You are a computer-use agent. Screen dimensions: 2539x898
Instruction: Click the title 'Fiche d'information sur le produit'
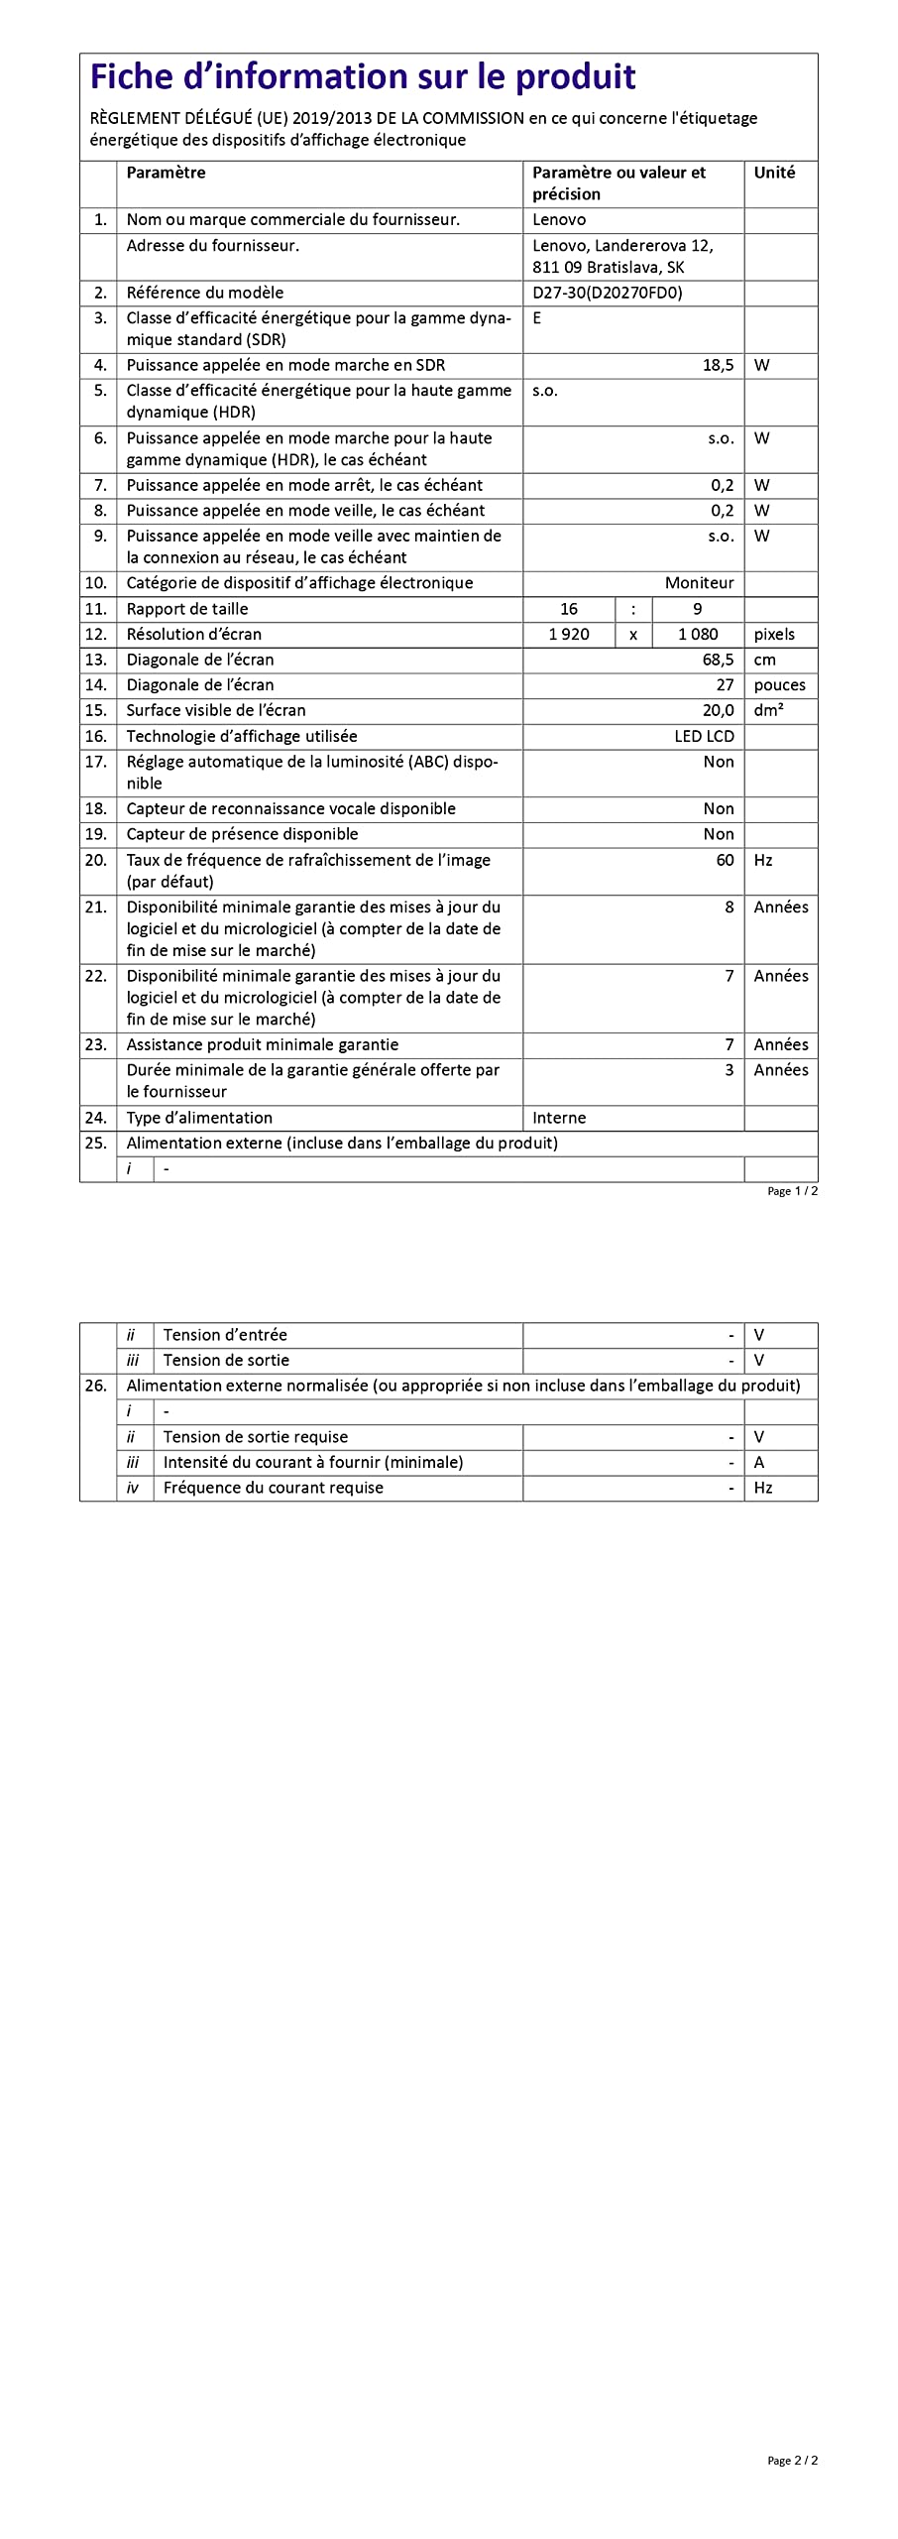coord(363,76)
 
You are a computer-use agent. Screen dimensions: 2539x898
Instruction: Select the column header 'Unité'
coord(774,173)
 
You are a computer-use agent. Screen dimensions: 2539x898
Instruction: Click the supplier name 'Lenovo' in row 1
coord(559,220)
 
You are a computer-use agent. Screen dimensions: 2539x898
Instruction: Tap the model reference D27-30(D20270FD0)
coord(607,293)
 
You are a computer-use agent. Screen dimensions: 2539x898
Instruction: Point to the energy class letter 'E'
coord(537,318)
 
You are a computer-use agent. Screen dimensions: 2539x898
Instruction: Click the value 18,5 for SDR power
coord(718,365)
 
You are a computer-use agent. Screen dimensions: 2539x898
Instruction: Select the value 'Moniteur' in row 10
coord(699,583)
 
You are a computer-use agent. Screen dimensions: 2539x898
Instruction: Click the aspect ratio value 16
coord(569,609)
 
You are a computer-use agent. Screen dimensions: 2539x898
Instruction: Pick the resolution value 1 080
coord(698,634)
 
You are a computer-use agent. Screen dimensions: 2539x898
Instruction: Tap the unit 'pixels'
coord(774,634)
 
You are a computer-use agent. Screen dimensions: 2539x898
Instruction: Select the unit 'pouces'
coord(779,685)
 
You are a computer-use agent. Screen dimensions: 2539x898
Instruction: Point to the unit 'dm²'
coord(768,710)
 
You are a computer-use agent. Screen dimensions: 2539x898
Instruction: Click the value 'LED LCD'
coord(704,736)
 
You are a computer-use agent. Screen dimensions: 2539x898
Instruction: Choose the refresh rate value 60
coord(725,860)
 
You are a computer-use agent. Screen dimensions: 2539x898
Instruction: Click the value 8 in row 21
coord(730,907)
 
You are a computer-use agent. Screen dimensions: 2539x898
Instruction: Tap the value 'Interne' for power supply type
coord(559,1118)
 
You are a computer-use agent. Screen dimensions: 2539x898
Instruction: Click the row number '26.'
coord(95,1386)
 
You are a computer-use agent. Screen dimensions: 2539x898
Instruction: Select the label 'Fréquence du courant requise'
coord(273,1488)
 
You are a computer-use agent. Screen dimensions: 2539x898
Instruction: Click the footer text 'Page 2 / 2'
coord(792,2461)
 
